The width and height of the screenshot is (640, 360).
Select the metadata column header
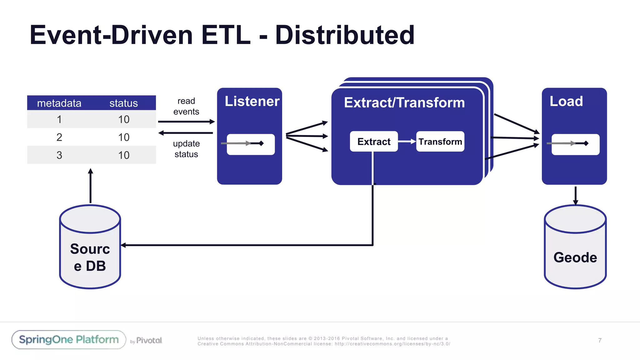59,103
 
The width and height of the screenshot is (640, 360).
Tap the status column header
123,103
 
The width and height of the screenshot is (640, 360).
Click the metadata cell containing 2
59,137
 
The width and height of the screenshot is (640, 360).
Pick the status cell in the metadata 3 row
124,155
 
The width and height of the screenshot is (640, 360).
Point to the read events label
186,106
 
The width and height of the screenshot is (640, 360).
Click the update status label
186,149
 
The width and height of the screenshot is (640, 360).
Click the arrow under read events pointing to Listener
186,122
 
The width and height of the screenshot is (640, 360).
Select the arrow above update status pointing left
186,133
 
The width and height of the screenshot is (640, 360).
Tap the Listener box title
252,101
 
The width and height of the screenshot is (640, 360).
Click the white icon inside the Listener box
251,144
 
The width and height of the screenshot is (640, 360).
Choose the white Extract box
374,142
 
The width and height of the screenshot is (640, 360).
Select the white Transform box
440,142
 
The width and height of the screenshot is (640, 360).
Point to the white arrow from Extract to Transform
407,142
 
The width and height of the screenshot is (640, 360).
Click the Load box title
566,101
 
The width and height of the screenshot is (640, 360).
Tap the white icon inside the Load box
575,144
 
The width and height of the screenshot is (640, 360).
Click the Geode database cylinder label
575,257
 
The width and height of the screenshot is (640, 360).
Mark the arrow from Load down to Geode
576,195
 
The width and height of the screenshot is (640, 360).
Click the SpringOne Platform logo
69,340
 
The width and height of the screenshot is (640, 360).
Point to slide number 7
600,340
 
